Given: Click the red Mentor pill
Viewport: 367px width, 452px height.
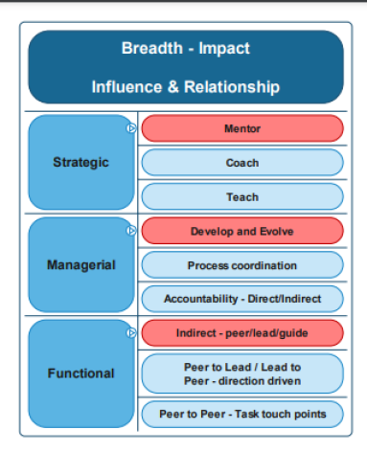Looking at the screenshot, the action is tap(242, 128).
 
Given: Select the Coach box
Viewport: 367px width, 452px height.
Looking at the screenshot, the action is tap(242, 163).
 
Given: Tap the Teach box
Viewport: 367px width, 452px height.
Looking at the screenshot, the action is tap(242, 196).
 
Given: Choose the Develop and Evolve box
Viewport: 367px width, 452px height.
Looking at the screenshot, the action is tap(242, 231).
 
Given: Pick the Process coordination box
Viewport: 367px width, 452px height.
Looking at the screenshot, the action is tap(242, 265).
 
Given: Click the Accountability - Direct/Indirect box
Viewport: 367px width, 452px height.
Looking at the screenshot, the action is tap(242, 299).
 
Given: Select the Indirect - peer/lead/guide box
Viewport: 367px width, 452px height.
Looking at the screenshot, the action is tap(242, 333).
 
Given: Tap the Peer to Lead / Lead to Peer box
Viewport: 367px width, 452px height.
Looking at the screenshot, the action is tap(242, 373).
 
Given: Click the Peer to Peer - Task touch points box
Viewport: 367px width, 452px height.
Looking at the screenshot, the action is tap(242, 414).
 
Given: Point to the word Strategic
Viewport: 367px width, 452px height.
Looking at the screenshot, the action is tap(80, 163).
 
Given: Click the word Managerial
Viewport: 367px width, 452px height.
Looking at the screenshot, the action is tap(81, 265).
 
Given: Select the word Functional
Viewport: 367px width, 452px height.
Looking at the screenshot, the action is tap(80, 373).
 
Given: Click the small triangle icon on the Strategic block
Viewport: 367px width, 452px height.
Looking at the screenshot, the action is tap(131, 128).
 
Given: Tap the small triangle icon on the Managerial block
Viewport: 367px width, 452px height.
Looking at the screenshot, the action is tap(131, 231).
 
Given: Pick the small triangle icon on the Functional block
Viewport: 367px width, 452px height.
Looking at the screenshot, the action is tap(131, 333).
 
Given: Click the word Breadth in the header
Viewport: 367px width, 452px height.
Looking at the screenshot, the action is tap(152, 48).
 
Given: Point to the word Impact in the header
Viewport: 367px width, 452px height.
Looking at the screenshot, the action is tap(224, 49).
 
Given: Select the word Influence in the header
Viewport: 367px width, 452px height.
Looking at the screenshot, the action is tap(126, 87).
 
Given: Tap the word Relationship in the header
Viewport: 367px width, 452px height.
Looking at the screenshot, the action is tap(232, 87).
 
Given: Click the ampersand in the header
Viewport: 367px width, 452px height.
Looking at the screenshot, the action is tap(173, 87).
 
